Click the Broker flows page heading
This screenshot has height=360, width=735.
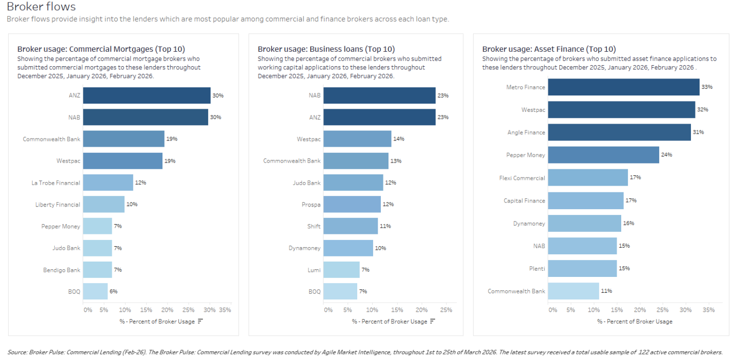pyautogui.click(x=41, y=7)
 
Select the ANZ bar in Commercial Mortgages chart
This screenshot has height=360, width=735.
pyautogui.click(x=147, y=95)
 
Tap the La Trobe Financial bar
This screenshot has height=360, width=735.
pyautogui.click(x=108, y=183)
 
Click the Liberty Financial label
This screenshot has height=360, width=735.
pyautogui.click(x=58, y=205)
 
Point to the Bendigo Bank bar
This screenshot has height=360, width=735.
pyautogui.click(x=97, y=270)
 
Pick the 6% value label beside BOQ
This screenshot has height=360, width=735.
pyautogui.click(x=113, y=291)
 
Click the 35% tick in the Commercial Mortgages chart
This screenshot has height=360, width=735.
pyautogui.click(x=224, y=310)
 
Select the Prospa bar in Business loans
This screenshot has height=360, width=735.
pyautogui.click(x=352, y=204)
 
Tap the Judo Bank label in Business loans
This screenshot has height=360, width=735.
pyautogui.click(x=307, y=183)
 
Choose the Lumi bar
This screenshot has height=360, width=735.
pyautogui.click(x=341, y=269)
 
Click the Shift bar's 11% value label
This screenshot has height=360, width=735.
pyautogui.click(x=385, y=226)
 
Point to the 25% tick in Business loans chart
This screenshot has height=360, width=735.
pyautogui.click(x=446, y=310)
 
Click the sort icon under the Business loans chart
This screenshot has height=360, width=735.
pyautogui.click(x=433, y=321)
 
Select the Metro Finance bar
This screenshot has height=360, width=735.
pyautogui.click(x=623, y=87)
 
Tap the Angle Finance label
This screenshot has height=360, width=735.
pyautogui.click(x=526, y=132)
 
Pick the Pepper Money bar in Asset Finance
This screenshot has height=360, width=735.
pyautogui.click(x=603, y=155)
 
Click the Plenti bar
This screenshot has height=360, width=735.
pyautogui.click(x=582, y=268)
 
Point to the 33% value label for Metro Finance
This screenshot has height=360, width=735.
pyautogui.click(x=707, y=87)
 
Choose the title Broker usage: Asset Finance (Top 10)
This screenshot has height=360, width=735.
pyautogui.click(x=548, y=49)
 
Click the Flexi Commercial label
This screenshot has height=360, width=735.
pyautogui.click(x=522, y=178)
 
